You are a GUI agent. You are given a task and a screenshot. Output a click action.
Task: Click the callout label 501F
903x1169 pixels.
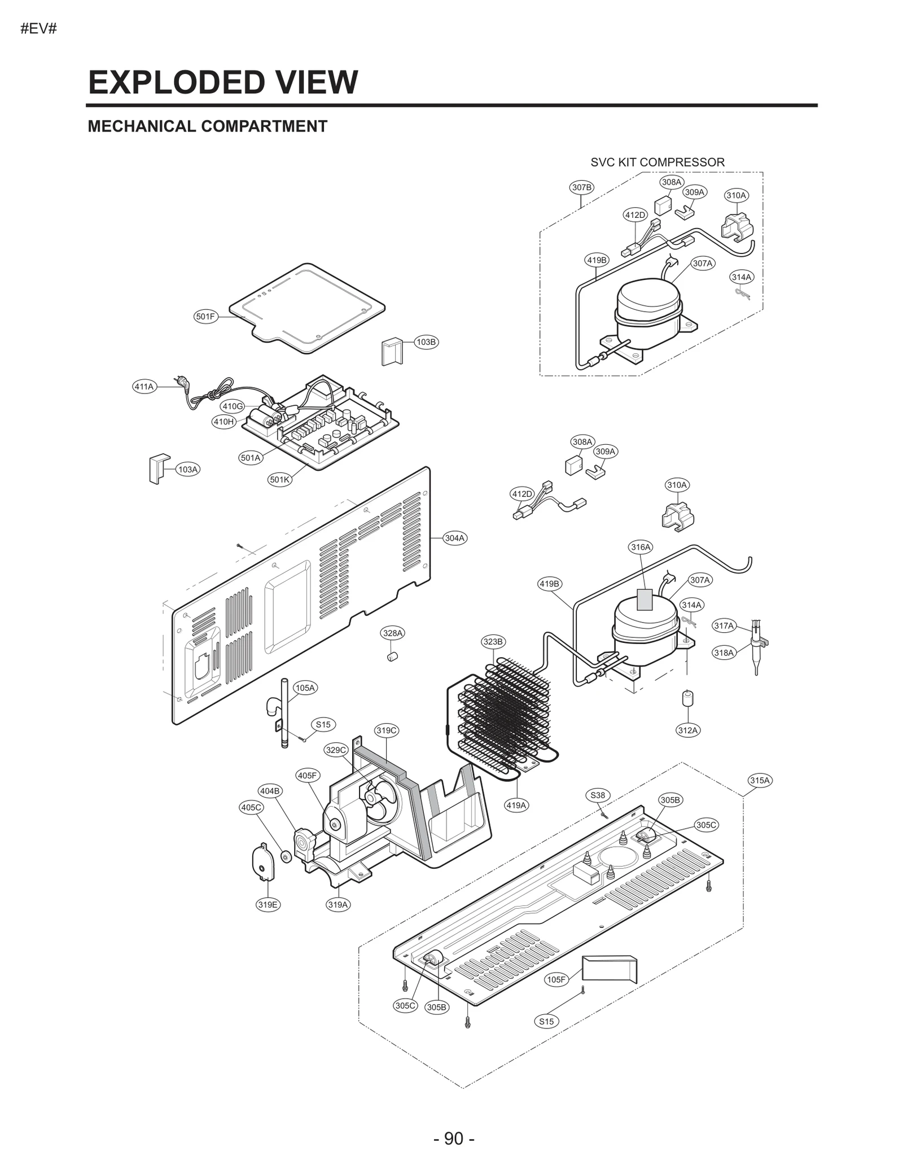(205, 317)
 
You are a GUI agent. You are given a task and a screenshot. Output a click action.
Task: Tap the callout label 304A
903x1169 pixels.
(454, 538)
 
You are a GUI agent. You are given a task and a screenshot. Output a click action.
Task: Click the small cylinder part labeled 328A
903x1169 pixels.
(393, 656)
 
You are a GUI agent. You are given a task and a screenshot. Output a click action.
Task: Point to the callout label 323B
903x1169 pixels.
(493, 642)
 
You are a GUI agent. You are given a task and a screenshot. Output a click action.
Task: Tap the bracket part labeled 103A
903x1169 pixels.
(157, 469)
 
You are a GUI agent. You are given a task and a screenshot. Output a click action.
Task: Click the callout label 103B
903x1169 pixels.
(426, 341)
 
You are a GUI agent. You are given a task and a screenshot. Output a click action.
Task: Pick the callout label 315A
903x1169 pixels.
(760, 781)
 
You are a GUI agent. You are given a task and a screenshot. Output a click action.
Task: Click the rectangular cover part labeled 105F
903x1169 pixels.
(609, 969)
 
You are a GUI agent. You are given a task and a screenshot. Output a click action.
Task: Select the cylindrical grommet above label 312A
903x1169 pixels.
(687, 698)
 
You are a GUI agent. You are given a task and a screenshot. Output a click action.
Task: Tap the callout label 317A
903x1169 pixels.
(724, 625)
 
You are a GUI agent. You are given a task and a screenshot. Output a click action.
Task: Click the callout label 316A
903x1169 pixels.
(641, 547)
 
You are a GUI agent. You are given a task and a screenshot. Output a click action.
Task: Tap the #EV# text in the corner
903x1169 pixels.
(39, 29)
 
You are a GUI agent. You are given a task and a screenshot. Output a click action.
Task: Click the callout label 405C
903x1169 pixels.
(251, 807)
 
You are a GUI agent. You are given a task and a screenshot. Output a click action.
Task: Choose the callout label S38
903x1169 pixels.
(598, 795)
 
